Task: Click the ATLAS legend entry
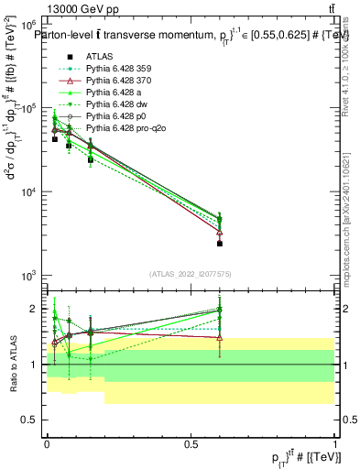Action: pos(98,56)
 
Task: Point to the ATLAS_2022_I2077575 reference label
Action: pos(191,273)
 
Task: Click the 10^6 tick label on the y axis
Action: pos(27,26)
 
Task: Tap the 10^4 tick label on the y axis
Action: pos(27,192)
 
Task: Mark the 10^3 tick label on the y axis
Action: pos(27,276)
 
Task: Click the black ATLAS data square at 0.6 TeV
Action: pos(220,244)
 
